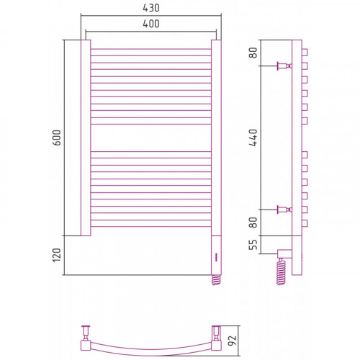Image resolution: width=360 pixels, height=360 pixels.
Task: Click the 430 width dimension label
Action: tap(151, 8)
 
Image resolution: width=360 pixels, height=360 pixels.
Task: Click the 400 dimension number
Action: tap(151, 24)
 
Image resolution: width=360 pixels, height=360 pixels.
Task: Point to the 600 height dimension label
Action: tap(57, 138)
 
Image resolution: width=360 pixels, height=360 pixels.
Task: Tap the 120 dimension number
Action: tap(57, 255)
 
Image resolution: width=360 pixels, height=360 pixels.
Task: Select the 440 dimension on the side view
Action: tap(253, 138)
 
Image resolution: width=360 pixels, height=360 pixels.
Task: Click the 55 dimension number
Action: tap(253, 245)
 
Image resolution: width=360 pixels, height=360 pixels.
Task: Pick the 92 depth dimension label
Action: tap(233, 341)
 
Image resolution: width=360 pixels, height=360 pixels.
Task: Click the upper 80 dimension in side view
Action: tap(253, 53)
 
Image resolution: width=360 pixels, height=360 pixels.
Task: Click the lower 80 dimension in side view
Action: tap(253, 222)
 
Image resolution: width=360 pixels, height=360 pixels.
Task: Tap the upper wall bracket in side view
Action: tap(284, 66)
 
